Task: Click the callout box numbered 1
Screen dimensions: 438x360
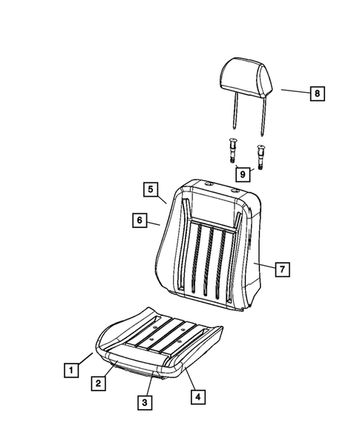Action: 71,369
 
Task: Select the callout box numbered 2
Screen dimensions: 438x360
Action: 97,383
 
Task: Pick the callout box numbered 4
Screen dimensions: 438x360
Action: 197,396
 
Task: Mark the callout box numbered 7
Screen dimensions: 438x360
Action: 282,269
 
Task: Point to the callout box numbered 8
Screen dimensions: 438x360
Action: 316,93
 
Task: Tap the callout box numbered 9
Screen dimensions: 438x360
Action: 241,173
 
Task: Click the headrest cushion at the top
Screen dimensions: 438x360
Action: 247,75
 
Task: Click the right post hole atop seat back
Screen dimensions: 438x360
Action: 236,192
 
